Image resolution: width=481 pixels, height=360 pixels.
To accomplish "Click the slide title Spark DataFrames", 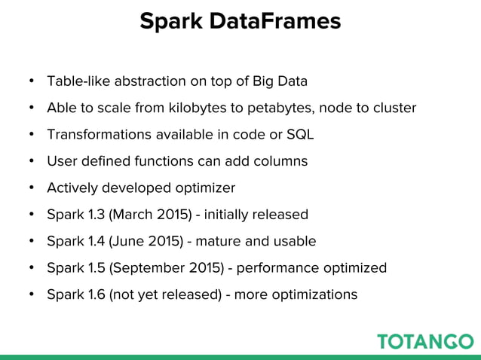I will pyautogui.click(x=240, y=21).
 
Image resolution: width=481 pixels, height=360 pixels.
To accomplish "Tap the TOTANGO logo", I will pyautogui.click(x=425, y=340).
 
